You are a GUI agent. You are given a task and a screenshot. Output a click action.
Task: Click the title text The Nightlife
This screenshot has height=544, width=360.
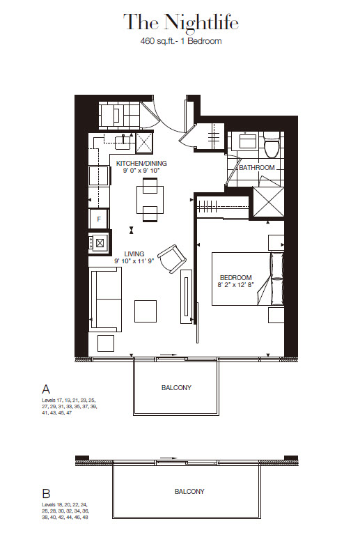[180, 22]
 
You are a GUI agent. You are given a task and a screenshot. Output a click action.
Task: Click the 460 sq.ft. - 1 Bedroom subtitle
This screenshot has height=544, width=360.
[180, 41]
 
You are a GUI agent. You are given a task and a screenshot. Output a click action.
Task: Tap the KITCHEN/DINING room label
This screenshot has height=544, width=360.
[141, 163]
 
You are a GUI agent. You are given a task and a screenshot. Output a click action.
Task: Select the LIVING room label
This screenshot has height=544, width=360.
[134, 254]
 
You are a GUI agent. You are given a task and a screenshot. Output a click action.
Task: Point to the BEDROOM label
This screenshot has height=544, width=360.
[236, 277]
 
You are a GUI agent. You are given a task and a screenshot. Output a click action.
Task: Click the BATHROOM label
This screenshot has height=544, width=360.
[257, 168]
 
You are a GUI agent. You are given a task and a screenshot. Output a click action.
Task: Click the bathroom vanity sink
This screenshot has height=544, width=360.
[246, 141]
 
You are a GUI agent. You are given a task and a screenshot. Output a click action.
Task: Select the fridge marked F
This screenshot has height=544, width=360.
[99, 219]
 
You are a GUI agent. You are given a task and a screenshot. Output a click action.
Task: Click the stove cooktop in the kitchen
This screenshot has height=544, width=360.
[99, 242]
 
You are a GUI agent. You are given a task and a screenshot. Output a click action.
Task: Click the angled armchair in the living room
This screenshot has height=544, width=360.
[172, 258]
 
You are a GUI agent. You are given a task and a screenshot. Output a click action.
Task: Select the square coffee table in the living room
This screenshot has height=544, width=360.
[146, 311]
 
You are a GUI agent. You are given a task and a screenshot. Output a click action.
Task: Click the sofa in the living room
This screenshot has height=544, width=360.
[105, 300]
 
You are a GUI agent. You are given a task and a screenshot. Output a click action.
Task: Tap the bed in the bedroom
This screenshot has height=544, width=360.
[248, 279]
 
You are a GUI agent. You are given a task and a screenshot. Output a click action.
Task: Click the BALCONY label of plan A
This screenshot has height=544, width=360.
[176, 387]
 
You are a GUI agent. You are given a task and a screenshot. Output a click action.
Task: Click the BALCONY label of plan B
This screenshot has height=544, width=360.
[189, 491]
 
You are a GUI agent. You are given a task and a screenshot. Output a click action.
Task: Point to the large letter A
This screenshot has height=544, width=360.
[46, 389]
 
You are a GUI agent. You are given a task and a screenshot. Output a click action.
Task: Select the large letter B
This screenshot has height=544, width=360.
[46, 493]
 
